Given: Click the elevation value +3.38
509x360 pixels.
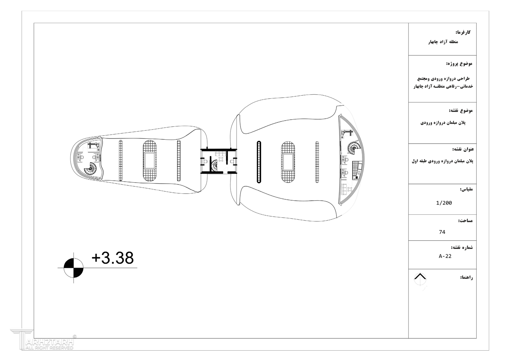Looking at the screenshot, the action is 113,258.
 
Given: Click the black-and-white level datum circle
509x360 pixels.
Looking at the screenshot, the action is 73,268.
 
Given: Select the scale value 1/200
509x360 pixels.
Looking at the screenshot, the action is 444,203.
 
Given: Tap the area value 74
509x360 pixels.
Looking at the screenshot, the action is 442,232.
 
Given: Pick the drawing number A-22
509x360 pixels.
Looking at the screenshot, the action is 445,256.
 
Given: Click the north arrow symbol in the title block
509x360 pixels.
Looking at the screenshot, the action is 420,279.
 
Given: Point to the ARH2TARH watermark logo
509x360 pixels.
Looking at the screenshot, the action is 43,339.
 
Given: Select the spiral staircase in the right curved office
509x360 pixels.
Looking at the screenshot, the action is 354,148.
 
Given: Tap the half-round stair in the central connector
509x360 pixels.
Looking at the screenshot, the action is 214,165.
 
